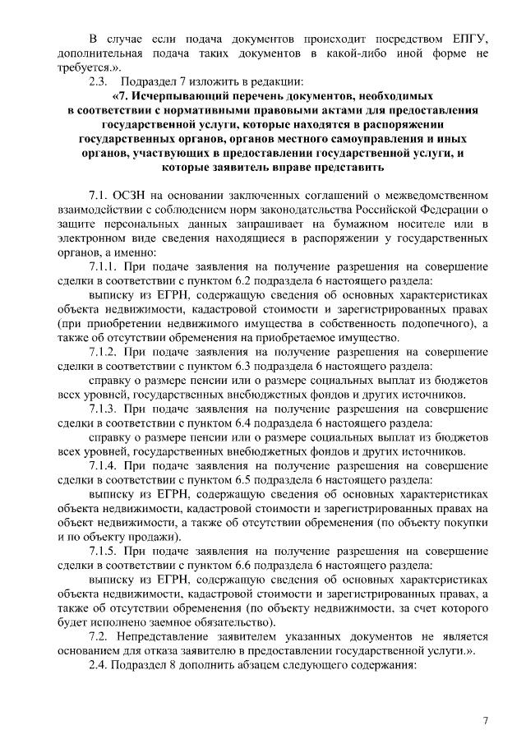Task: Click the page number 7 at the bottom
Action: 485,721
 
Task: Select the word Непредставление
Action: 178,636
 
